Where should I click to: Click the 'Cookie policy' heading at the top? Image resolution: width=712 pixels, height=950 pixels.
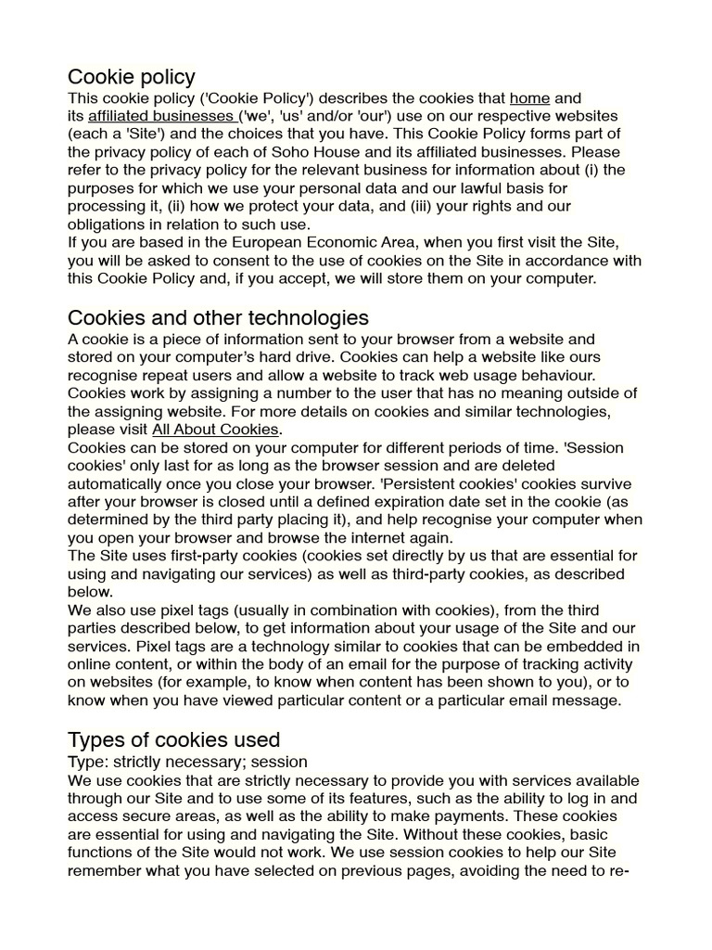pyautogui.click(x=131, y=76)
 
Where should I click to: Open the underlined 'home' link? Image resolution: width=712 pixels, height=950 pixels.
pyautogui.click(x=529, y=97)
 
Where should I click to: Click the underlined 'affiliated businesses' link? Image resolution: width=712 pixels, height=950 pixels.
pyautogui.click(x=161, y=116)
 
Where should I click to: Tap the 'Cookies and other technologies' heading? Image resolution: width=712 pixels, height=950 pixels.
pyautogui.click(x=218, y=318)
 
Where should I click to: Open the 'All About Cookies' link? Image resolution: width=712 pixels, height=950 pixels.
pyautogui.click(x=215, y=430)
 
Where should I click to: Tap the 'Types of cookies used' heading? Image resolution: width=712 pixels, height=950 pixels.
pyautogui.click(x=173, y=739)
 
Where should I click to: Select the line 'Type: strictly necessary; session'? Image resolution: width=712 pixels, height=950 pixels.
pyautogui.click(x=187, y=762)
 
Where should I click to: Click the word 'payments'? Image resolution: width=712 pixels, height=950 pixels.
pyautogui.click(x=463, y=816)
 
